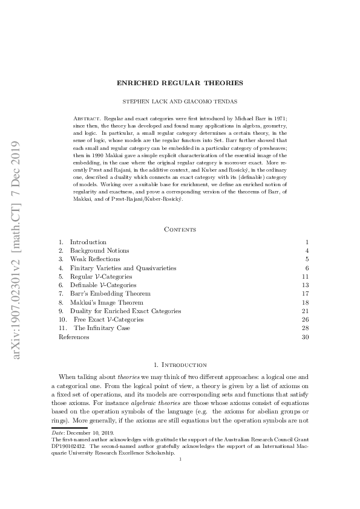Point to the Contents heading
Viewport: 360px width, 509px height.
[x=180, y=229]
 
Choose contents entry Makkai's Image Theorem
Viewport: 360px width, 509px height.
[x=106, y=302]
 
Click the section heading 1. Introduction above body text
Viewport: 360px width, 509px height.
[x=180, y=365]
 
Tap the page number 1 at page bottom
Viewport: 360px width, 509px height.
[x=180, y=459]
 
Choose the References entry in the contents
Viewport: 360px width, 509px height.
[x=73, y=337]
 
